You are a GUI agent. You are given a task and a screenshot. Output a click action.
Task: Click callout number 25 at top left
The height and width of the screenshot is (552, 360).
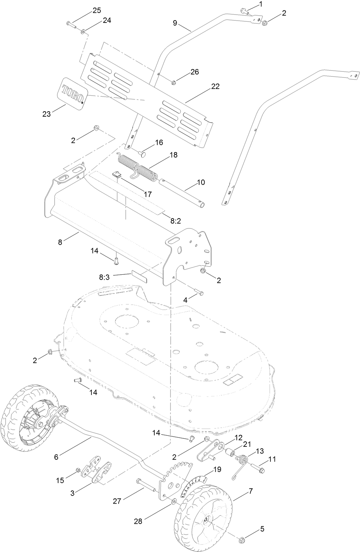(97, 10)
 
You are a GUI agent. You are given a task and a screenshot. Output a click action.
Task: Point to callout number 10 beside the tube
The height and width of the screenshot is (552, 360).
(201, 182)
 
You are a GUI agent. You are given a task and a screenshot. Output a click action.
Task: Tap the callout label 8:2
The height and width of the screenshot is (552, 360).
(175, 221)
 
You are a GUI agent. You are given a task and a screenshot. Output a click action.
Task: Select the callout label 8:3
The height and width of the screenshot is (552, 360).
(104, 277)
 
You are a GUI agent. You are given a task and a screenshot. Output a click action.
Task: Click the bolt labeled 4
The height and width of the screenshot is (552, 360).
(198, 293)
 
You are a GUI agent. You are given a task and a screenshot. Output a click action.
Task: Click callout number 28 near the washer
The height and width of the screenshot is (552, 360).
(138, 521)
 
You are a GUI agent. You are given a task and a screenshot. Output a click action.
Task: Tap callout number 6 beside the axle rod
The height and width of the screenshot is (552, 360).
(56, 457)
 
